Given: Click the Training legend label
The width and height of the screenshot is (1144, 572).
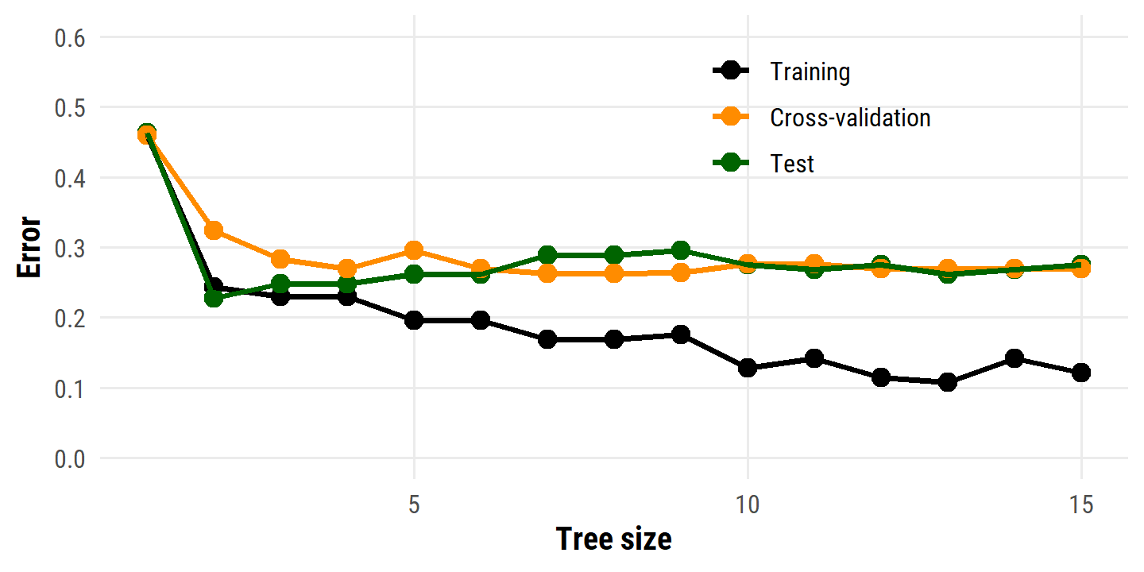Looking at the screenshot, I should pos(810,72).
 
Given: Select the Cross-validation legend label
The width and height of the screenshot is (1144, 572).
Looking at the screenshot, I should pos(850,118).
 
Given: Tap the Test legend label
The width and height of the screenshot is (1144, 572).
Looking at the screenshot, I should pos(792,164).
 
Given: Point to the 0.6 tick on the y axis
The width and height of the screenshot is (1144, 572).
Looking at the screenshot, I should pos(71,38).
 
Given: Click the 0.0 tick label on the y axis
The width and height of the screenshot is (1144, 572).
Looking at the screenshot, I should pos(71,459).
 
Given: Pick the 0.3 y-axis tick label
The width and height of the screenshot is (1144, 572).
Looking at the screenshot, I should pos(71,249).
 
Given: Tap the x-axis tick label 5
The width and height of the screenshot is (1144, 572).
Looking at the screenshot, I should pos(414,504).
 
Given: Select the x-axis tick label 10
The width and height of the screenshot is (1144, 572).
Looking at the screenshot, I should pos(747,504).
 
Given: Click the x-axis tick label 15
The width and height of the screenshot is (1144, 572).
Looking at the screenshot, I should pos(1080,504).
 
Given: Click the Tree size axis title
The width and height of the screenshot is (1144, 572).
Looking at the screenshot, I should pos(613,539).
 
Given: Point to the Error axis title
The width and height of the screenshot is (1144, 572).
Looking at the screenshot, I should pos(29,247).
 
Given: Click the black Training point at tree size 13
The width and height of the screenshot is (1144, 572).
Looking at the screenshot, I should pos(947,382).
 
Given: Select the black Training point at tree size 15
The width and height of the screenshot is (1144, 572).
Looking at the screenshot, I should pos(1080,373).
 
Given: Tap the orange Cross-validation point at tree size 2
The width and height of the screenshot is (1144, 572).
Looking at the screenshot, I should pos(213,230).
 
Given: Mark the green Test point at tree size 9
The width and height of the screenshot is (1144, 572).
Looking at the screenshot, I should pos(680,251).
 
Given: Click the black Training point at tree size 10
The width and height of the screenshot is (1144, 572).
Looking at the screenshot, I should pos(747,368).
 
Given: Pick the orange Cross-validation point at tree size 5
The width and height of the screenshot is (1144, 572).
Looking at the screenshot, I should pos(413,250).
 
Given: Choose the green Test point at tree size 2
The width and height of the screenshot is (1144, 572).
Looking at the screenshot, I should pos(213,298).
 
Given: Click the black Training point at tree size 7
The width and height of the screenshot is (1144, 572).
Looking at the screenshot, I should pos(547,339).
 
